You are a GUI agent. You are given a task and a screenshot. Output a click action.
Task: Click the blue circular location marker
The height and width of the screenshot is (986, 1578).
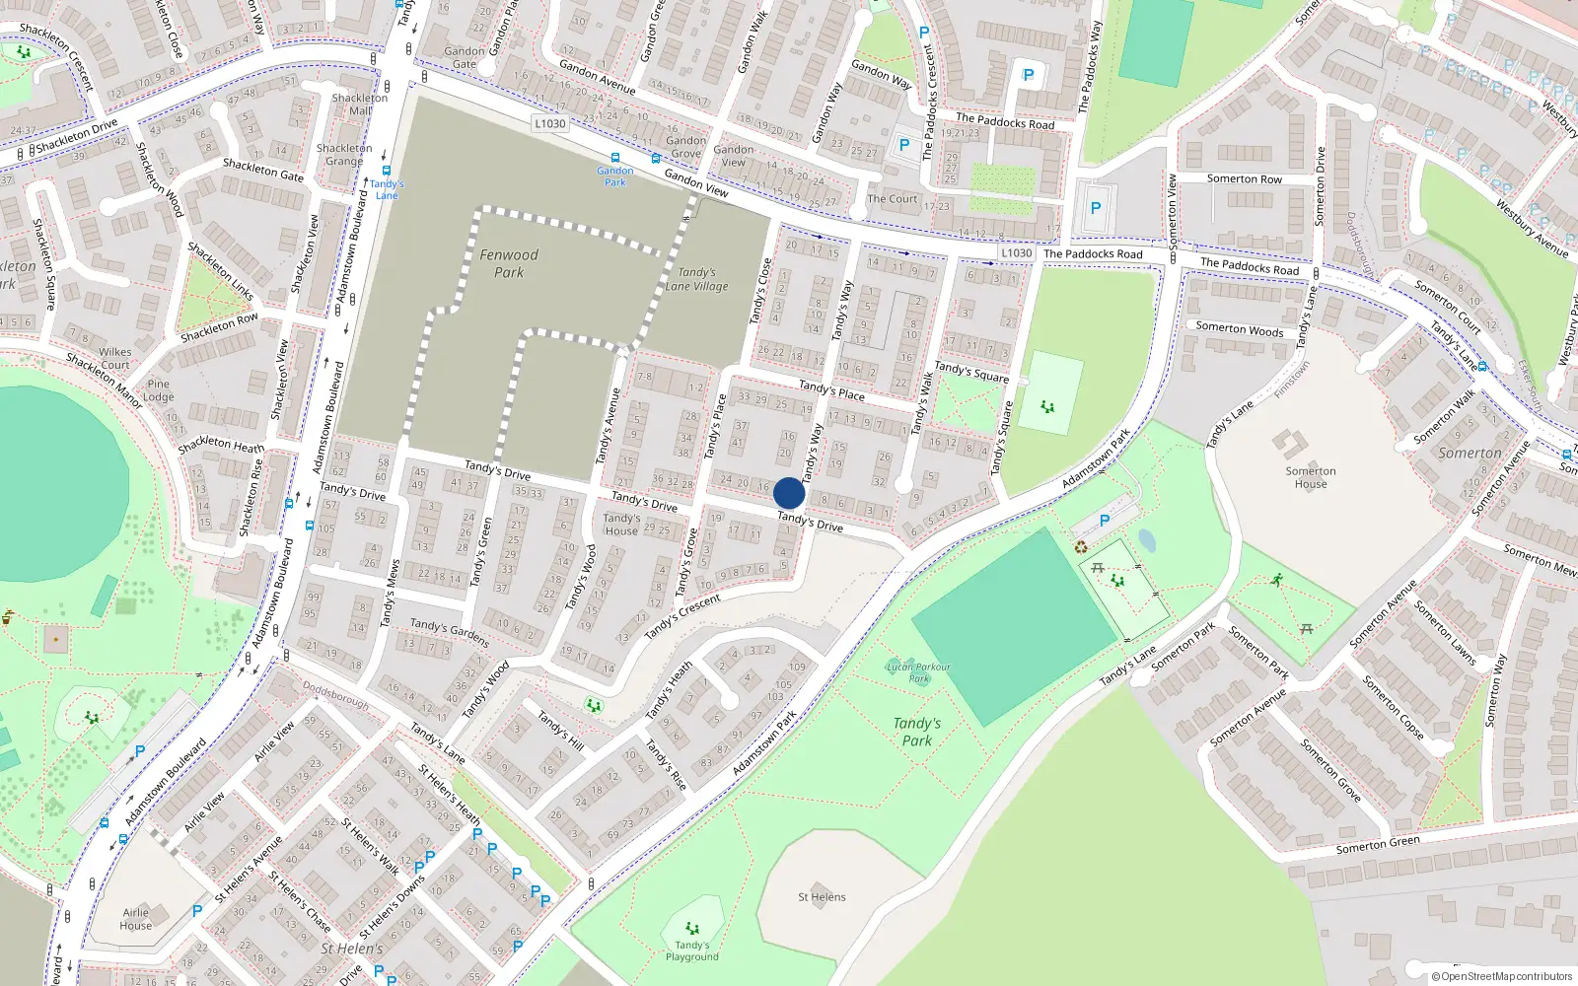[x=789, y=493]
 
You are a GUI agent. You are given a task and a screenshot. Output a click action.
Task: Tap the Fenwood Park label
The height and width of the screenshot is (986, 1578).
[x=509, y=263]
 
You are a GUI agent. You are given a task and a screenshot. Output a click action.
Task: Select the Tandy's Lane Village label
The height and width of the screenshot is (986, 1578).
[x=696, y=279]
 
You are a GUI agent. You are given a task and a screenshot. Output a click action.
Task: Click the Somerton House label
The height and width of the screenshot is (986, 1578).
[x=1311, y=477]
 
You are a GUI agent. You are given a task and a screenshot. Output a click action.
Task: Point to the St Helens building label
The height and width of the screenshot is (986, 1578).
[x=822, y=897]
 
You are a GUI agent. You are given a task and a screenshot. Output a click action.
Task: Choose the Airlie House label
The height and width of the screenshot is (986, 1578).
[x=136, y=919]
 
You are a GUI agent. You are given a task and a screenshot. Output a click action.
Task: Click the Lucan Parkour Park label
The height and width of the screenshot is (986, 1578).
[x=918, y=672]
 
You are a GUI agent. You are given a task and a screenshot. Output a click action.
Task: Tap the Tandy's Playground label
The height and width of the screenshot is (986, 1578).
[x=691, y=951]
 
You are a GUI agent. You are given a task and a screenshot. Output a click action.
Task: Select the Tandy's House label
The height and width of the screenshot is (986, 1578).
[x=621, y=524]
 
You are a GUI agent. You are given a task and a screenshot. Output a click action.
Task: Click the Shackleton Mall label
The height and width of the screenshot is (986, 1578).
[x=360, y=104]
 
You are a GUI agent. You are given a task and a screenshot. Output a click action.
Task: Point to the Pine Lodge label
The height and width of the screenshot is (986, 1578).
[x=158, y=390]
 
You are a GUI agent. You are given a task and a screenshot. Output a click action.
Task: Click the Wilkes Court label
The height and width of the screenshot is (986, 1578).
[x=114, y=358]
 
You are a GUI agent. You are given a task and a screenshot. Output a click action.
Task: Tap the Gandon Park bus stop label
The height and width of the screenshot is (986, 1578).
[x=614, y=176]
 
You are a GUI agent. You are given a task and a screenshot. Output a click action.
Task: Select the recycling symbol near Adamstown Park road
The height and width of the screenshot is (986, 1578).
[x=1081, y=547]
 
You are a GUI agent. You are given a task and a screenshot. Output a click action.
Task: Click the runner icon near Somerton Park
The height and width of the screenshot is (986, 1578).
[x=1277, y=580]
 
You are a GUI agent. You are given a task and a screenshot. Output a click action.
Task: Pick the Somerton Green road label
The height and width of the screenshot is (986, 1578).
[x=1378, y=844]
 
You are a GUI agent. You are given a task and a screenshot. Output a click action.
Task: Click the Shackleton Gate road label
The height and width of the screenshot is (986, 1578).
[x=263, y=170]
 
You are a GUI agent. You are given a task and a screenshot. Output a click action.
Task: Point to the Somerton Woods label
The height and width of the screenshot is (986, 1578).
[x=1240, y=329]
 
